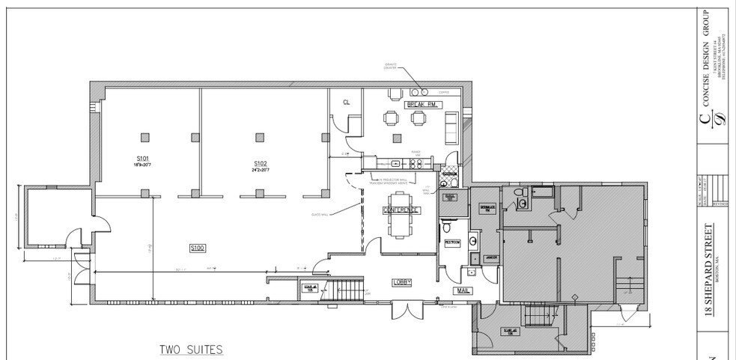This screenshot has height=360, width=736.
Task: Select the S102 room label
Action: pos(260,162)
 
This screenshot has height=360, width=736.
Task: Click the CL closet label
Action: pos(346,102)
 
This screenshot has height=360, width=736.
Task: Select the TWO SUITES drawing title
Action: pos(190,350)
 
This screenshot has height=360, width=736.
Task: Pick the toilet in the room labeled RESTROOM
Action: pos(446,227)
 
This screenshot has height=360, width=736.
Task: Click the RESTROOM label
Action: pos(451,242)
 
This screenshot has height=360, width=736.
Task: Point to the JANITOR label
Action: pos(491,258)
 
